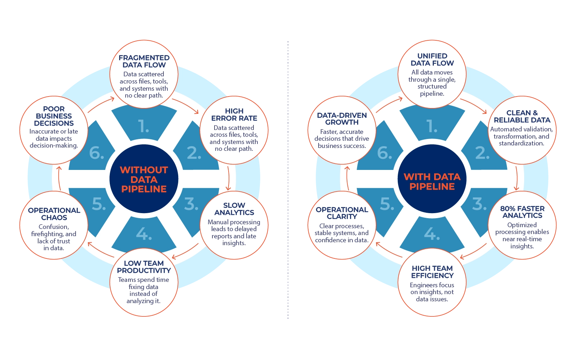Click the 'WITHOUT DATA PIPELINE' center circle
(x=144, y=179)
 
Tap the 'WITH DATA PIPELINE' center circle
(x=432, y=179)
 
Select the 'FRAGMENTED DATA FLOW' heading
(x=144, y=61)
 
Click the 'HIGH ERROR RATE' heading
(x=234, y=114)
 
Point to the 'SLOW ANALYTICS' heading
(x=234, y=209)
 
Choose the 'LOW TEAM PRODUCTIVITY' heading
(x=144, y=267)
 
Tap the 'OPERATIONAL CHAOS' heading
(x=54, y=214)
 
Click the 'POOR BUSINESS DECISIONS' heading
(x=54, y=116)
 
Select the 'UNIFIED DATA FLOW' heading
(x=432, y=59)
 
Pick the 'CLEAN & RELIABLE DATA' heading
(x=522, y=116)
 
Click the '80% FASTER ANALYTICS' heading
(x=522, y=212)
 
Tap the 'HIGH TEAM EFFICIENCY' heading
(x=432, y=272)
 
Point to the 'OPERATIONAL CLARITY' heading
(x=342, y=213)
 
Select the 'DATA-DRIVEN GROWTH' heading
(x=342, y=118)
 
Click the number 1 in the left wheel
(x=144, y=126)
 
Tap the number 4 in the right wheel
(x=432, y=234)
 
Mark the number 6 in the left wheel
(x=96, y=153)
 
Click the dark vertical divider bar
(x=288, y=180)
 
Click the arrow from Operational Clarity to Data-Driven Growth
(x=347, y=178)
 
